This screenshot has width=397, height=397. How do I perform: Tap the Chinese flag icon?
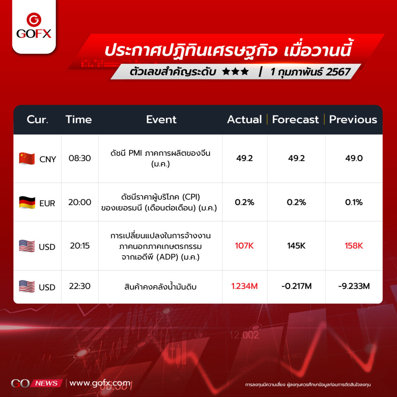(x=27, y=159)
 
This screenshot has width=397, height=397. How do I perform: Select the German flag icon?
(x=27, y=202)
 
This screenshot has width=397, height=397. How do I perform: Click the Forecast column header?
(x=295, y=119)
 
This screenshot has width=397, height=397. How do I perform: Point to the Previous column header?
(x=353, y=119)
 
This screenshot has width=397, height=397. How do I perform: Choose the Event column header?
(x=161, y=119)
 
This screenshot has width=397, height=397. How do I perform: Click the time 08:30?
(x=80, y=158)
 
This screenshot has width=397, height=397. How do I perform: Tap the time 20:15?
(x=80, y=246)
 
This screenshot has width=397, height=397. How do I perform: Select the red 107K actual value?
(x=244, y=246)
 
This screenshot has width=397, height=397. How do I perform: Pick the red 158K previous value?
(x=354, y=246)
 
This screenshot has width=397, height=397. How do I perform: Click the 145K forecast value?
(x=296, y=246)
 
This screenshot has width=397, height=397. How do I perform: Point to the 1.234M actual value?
(x=245, y=286)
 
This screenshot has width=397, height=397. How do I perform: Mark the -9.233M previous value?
(x=354, y=286)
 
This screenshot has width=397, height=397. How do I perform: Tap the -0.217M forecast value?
(x=297, y=286)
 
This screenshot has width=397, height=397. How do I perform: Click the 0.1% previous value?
(x=354, y=202)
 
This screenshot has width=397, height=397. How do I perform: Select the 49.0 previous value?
(x=354, y=158)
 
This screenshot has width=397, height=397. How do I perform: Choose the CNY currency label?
(x=48, y=159)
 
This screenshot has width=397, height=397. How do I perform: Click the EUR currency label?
(x=47, y=203)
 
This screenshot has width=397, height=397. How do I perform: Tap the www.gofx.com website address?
(x=100, y=383)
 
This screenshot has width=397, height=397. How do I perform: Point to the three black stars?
(x=235, y=72)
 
